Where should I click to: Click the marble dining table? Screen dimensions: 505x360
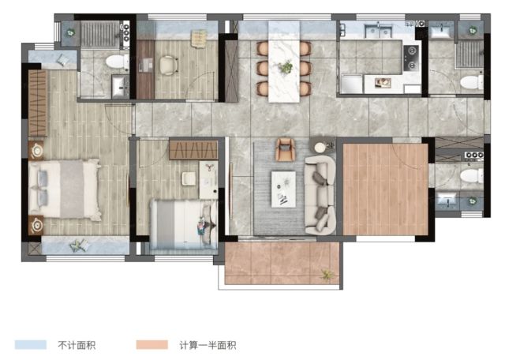click(x=284, y=62)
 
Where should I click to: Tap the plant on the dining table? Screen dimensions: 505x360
click(x=285, y=68)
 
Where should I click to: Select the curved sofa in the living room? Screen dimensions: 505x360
click(x=320, y=195)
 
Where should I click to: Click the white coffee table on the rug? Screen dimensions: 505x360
click(x=283, y=189)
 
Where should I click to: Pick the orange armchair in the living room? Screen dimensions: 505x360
click(x=285, y=149)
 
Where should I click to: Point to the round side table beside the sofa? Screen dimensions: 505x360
click(x=320, y=148)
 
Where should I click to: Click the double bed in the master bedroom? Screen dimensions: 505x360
click(x=65, y=188)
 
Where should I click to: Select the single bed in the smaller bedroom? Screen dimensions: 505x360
click(x=183, y=224)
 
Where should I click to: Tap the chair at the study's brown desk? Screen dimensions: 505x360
click(x=168, y=66)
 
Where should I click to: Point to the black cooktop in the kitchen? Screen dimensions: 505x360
click(x=411, y=58)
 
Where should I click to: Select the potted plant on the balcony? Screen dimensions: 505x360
click(x=327, y=275)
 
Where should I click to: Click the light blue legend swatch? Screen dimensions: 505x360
click(x=31, y=344)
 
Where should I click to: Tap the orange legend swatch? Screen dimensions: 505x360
click(x=152, y=344)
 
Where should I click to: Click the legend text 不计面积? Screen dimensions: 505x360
click(x=77, y=345)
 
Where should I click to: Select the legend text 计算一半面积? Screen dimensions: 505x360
click(x=208, y=345)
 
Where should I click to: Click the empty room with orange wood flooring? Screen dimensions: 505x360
click(x=385, y=189)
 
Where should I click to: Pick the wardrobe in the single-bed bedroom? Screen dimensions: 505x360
click(x=193, y=149)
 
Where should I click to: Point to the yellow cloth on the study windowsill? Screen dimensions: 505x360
click(x=199, y=39)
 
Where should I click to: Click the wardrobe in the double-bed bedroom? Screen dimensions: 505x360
click(x=38, y=103)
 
